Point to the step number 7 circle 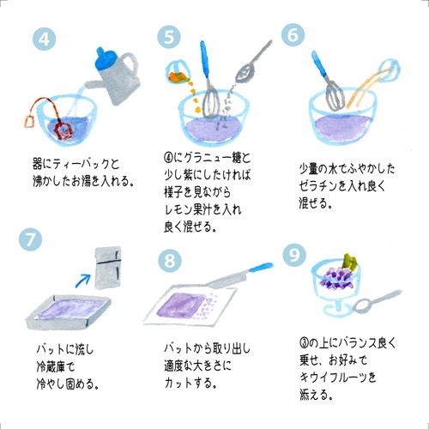coord(29,240)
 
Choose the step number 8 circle coord(170,259)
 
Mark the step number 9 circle coord(293,255)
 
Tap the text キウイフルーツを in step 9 coord(338,377)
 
